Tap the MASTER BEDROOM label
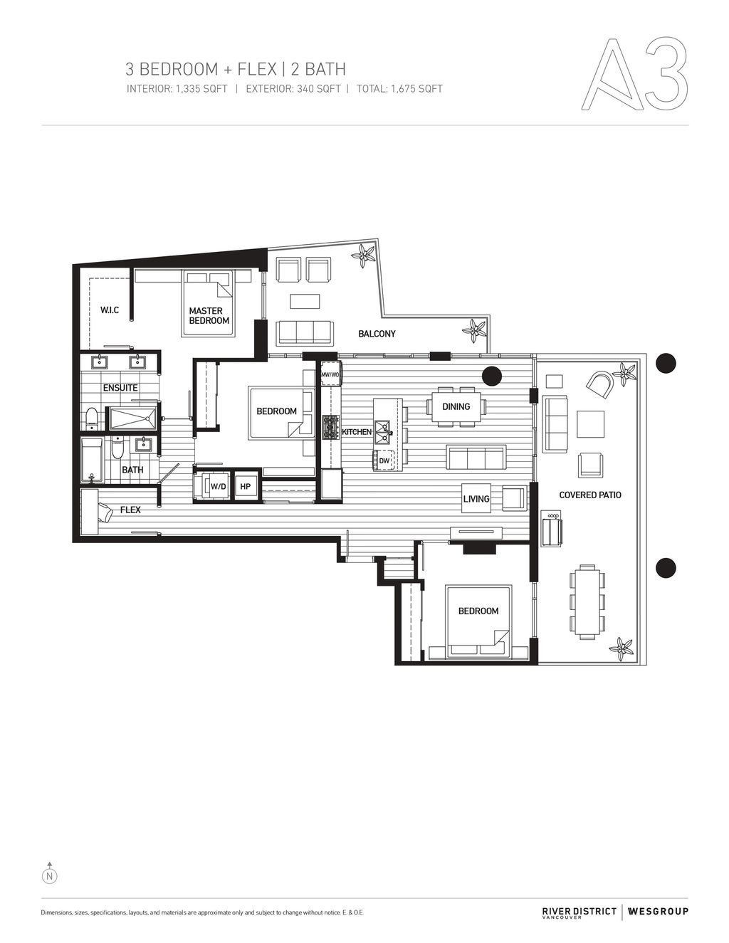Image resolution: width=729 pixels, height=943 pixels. (209, 315)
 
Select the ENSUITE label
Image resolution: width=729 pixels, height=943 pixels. (120, 388)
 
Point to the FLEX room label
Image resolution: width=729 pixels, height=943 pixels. (130, 510)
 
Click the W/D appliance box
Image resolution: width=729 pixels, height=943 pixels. (218, 486)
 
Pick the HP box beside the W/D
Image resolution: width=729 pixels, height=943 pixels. (246, 486)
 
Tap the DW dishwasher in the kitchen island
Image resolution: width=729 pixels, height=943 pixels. (384, 461)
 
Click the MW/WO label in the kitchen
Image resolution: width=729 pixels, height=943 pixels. (330, 374)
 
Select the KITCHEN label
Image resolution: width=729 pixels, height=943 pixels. (357, 432)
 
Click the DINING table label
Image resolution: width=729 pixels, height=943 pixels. (456, 406)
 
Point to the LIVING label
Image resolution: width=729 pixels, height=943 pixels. (476, 499)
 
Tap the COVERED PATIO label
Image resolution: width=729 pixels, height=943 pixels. (590, 495)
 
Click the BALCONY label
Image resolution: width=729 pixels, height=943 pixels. (377, 333)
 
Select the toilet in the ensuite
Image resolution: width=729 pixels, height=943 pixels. (91, 418)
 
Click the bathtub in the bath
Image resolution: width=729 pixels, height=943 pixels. (91, 460)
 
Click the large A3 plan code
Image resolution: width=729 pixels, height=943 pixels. (635, 75)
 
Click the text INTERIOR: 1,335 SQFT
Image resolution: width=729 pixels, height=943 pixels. (177, 89)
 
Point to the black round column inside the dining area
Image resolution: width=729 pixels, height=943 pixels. (491, 375)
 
